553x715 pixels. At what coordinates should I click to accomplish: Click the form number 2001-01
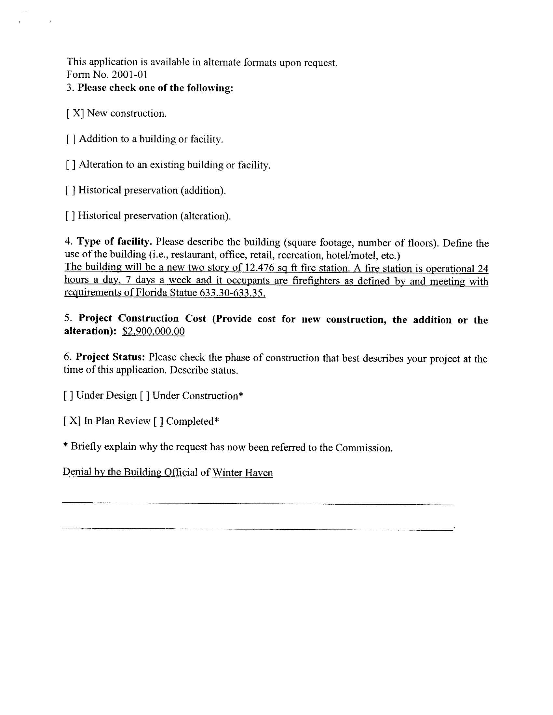point(129,75)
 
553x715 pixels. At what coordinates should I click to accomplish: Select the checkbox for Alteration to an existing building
point(71,165)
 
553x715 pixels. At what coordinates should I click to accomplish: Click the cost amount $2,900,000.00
point(153,331)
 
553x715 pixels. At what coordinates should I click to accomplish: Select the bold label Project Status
point(110,357)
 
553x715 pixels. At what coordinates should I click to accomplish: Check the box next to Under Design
point(68,396)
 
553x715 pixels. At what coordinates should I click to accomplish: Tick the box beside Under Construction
point(145,396)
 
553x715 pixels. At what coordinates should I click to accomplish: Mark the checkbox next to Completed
point(158,421)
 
